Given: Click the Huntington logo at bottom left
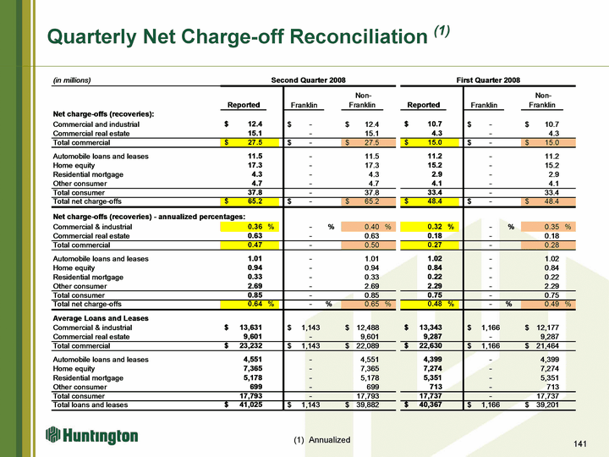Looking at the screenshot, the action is [x=91, y=436].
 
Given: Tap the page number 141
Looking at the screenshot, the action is [x=579, y=443].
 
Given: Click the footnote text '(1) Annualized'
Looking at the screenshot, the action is [x=322, y=440].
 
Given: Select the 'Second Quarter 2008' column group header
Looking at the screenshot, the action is [x=308, y=80].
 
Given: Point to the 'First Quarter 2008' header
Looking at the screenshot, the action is [x=488, y=80].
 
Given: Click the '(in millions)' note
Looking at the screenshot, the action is [x=72, y=80].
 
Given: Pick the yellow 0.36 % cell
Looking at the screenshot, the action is [x=250, y=227].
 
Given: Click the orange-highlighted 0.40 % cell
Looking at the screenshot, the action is [x=368, y=227].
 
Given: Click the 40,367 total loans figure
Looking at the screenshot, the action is [x=431, y=405].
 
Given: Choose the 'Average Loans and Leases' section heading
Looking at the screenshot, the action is [x=101, y=318].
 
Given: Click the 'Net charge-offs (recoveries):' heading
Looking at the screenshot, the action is [x=103, y=114].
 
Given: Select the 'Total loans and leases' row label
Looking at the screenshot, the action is [x=91, y=405].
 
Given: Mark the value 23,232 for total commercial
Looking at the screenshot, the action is [x=251, y=346].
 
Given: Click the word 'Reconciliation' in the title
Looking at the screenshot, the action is [x=359, y=37].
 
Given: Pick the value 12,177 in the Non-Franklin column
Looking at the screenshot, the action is [x=547, y=328].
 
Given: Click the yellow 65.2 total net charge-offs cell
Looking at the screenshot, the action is [x=250, y=201].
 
